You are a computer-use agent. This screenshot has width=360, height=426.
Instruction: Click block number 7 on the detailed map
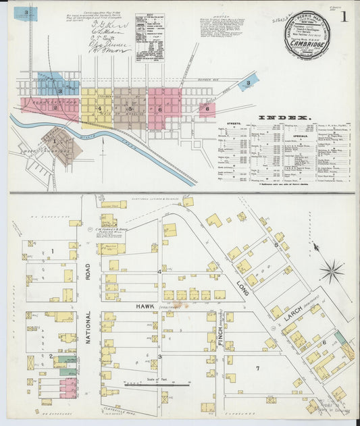pyautogui.click(x=257, y=368)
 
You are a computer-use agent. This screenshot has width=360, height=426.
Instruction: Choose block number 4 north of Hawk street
pyautogui.click(x=159, y=271)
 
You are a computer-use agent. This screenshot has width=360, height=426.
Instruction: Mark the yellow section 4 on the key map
pyautogui.click(x=99, y=108)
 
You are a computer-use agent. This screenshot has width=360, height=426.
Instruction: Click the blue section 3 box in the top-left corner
pyautogui.click(x=26, y=12)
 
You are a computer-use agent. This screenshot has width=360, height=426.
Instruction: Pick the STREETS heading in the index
pyautogui.click(x=233, y=125)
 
